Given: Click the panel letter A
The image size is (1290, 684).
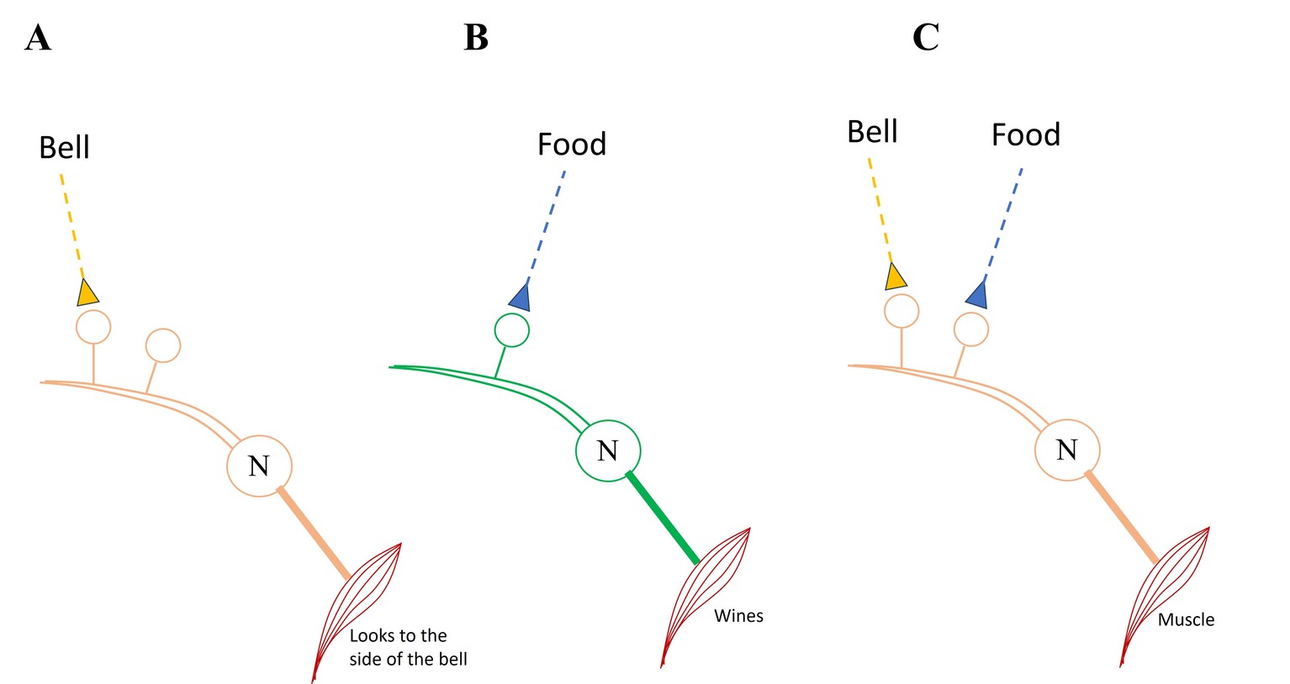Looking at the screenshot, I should [x=38, y=39].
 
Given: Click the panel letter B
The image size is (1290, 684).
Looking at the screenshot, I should [x=476, y=38].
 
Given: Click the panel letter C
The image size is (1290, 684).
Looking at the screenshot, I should [x=925, y=38].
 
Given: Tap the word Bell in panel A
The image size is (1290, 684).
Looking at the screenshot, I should [x=64, y=148].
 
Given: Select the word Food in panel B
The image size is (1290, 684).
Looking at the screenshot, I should [x=572, y=145].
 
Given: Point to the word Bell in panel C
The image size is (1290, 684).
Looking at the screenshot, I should [x=872, y=132].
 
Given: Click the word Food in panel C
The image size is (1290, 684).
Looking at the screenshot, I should [x=1025, y=135].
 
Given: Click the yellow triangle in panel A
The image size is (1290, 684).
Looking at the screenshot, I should [x=87, y=293].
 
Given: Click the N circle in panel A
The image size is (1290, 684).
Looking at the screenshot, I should [x=259, y=466].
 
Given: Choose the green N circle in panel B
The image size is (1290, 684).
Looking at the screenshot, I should [x=607, y=450].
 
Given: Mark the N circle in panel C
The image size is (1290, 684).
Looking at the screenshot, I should [x=1066, y=450].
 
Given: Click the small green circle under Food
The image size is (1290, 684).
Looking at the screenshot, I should [x=511, y=330].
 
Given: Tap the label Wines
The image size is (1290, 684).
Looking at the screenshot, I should [x=738, y=616].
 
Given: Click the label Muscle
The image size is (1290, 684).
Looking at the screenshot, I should [x=1186, y=620].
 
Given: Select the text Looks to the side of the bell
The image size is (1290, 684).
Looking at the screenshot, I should [x=408, y=647].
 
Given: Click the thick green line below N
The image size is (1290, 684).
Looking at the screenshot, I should [x=663, y=518].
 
